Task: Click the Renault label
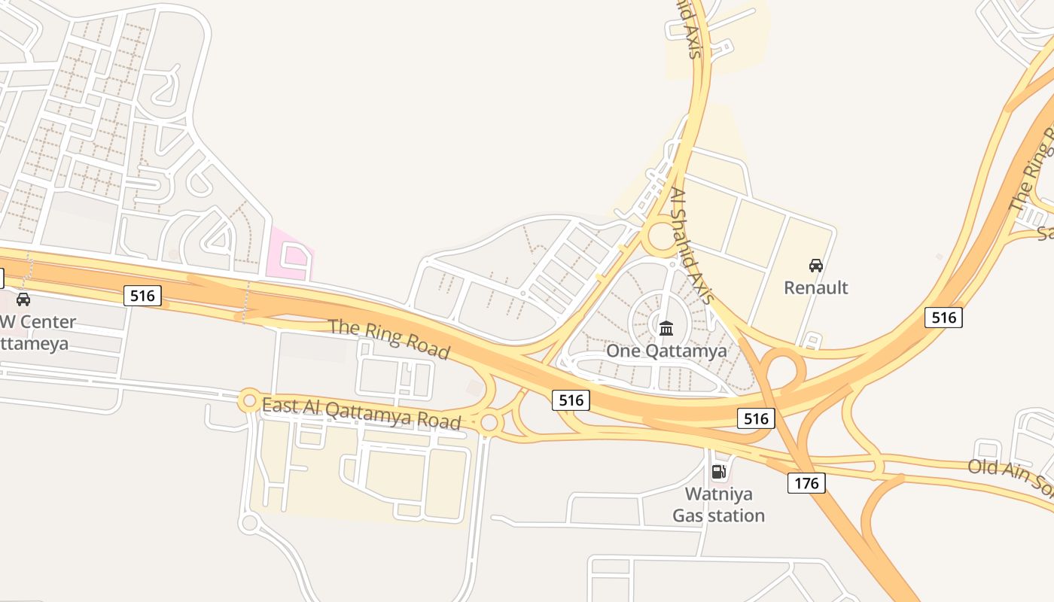pyautogui.click(x=816, y=287)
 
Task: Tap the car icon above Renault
pyautogui.click(x=816, y=265)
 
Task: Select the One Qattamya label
pyautogui.click(x=666, y=351)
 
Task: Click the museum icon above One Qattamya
pyautogui.click(x=666, y=328)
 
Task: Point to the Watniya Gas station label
pyautogui.click(x=718, y=505)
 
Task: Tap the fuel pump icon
pyautogui.click(x=718, y=472)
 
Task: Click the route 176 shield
pyautogui.click(x=806, y=482)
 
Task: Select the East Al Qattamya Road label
pyautogui.click(x=361, y=413)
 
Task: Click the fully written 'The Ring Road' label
pyautogui.click(x=389, y=339)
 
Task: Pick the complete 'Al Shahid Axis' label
pyautogui.click(x=691, y=245)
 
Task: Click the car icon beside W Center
pyautogui.click(x=23, y=299)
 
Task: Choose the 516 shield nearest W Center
pyautogui.click(x=142, y=296)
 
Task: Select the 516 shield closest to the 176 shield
pyautogui.click(x=756, y=418)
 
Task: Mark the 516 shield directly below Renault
pyautogui.click(x=943, y=318)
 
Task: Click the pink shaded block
pyautogui.click(x=291, y=252)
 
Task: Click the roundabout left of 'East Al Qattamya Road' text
pyautogui.click(x=249, y=401)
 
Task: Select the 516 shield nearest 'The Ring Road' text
pyautogui.click(x=571, y=400)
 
